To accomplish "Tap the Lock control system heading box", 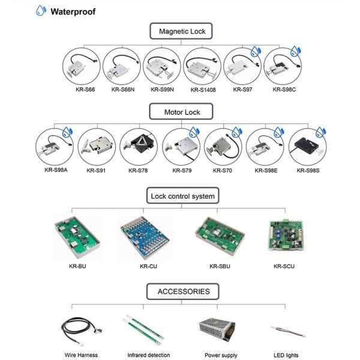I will [182, 196].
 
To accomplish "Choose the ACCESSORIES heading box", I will [183, 292].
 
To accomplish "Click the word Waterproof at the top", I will [73, 11].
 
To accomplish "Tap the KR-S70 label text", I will [223, 170].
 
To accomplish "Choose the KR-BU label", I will [76, 265].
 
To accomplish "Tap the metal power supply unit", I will [217, 329].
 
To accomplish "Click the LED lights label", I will [286, 355].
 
